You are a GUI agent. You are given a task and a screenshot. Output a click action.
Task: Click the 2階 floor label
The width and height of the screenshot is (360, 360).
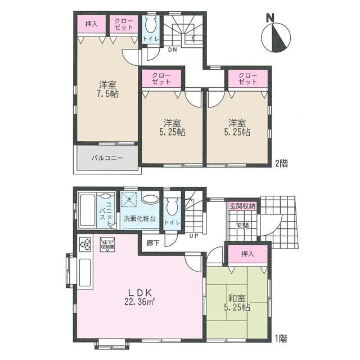click(281, 164)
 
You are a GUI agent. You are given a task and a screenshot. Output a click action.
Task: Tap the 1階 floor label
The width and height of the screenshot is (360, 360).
click(281, 339)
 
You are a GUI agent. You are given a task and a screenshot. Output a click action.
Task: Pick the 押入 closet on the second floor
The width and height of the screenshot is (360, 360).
click(92, 24)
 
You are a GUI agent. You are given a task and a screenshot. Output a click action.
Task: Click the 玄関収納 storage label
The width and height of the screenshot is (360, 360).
click(242, 207)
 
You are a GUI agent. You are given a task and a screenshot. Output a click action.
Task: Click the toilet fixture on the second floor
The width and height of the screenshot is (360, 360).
click(150, 26)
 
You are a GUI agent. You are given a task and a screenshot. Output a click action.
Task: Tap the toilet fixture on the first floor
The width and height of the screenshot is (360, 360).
click(173, 206)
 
